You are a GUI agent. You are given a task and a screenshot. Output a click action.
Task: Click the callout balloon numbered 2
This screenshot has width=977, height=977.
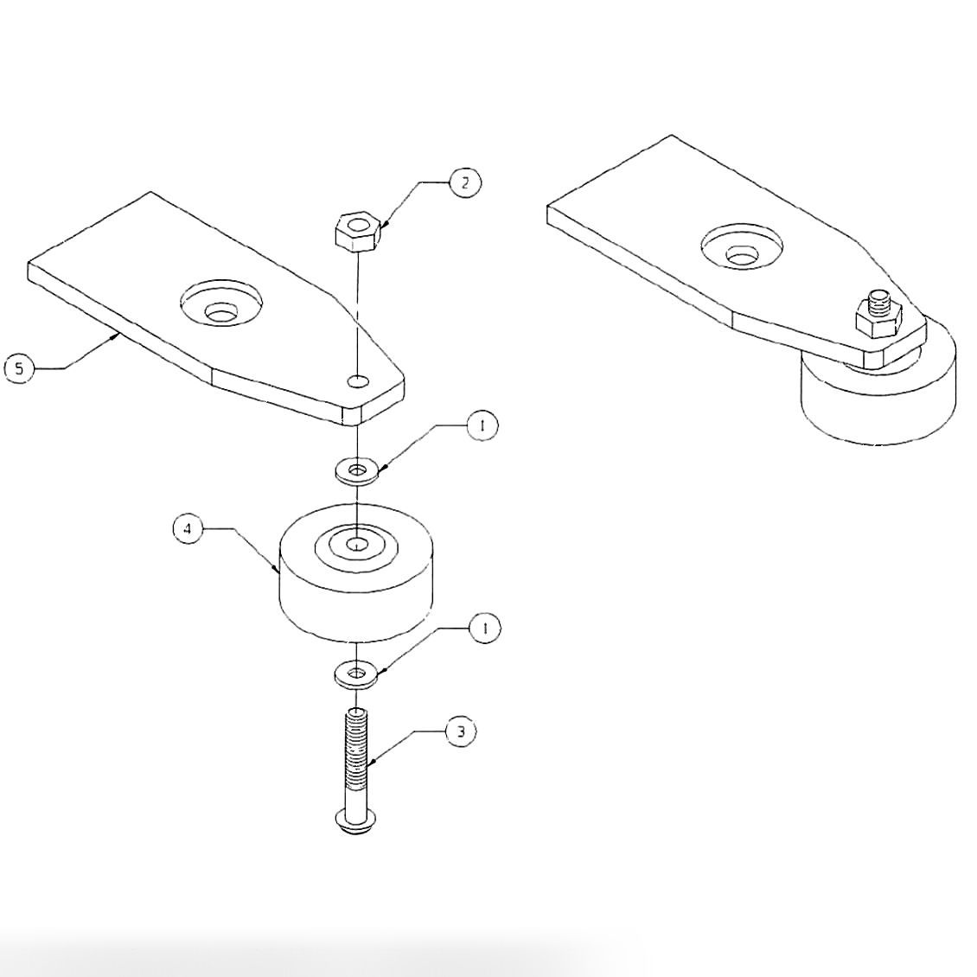click(465, 183)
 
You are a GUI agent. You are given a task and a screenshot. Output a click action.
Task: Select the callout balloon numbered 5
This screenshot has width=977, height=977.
click(20, 368)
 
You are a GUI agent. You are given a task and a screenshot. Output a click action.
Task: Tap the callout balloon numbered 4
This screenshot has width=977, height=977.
click(188, 528)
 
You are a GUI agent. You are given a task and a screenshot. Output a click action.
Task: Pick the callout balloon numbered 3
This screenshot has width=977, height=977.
click(461, 732)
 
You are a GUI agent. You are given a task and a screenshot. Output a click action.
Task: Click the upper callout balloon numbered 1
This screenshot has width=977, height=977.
click(482, 425)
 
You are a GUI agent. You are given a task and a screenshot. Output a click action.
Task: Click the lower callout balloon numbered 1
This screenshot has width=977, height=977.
click(485, 629)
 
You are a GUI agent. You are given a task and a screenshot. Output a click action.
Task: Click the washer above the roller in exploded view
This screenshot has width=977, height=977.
click(356, 471)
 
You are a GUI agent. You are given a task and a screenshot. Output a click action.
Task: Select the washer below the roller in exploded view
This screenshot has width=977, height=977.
click(355, 674)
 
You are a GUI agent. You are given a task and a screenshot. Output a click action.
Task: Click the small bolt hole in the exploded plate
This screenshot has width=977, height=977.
click(357, 380)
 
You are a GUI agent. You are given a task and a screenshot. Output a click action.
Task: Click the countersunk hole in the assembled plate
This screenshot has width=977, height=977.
click(742, 247)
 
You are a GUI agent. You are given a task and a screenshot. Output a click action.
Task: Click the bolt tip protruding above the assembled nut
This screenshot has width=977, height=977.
click(879, 299)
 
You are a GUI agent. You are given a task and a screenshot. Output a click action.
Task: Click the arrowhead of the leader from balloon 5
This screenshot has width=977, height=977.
click(117, 338)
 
